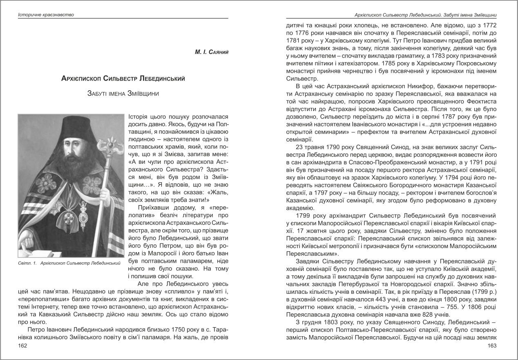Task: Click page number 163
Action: tap(491, 346)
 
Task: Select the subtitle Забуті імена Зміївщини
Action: tap(123, 94)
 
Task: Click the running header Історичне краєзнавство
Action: tap(45, 15)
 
